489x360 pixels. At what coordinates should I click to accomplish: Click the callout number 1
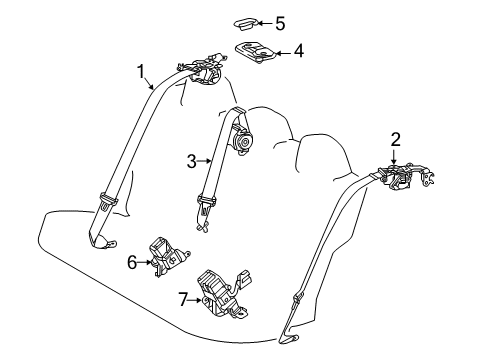coord(141,71)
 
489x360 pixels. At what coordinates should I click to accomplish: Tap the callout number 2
coord(396,140)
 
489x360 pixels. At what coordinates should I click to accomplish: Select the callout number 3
coord(192,161)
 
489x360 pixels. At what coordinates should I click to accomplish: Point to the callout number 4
coord(299,51)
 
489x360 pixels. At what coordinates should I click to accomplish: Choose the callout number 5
coord(280,24)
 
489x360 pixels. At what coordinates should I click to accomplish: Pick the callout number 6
coord(132,262)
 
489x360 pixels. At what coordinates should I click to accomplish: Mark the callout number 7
coord(184,299)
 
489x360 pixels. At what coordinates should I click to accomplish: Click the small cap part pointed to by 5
coord(246,24)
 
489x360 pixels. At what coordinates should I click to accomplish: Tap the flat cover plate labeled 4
coord(256,53)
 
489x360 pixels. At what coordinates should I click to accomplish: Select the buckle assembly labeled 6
coord(167,256)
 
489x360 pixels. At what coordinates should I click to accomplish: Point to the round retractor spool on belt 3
coord(243,142)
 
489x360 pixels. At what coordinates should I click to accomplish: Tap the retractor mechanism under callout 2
coord(405,176)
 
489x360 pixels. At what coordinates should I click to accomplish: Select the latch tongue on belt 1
coord(108,201)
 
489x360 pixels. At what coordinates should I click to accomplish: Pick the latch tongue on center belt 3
coord(207,210)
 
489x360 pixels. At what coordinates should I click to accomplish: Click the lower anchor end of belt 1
coord(103,243)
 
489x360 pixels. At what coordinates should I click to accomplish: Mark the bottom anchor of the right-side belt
coord(289,338)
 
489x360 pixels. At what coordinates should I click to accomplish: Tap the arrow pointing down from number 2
coord(394,157)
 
